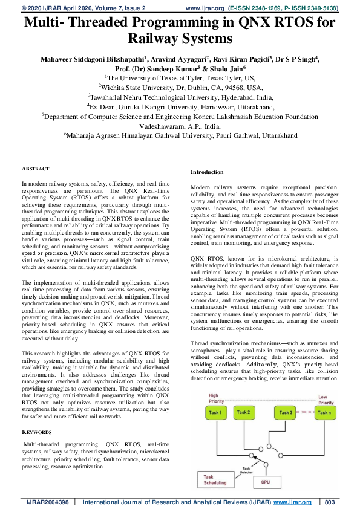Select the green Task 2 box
click(x=244, y=412)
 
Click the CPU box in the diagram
click(x=266, y=482)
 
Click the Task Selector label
click(x=247, y=470)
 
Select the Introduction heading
click(x=207, y=172)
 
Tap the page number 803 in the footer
click(x=330, y=502)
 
